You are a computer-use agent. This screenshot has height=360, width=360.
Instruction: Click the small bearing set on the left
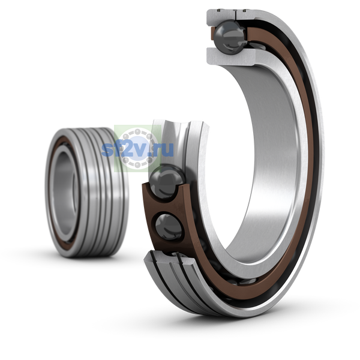[x=87, y=193]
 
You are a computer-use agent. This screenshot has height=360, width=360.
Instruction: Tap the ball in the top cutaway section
[x=230, y=37]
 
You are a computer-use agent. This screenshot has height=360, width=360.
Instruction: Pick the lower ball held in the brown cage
[x=169, y=227]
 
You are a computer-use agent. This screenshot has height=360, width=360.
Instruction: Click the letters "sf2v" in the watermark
[x=125, y=149]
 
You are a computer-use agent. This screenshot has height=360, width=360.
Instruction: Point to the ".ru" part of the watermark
[x=161, y=149]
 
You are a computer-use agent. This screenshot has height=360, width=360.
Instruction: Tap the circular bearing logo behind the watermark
[x=137, y=149]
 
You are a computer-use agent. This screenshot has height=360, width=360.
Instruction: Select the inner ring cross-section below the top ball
[x=231, y=57]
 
